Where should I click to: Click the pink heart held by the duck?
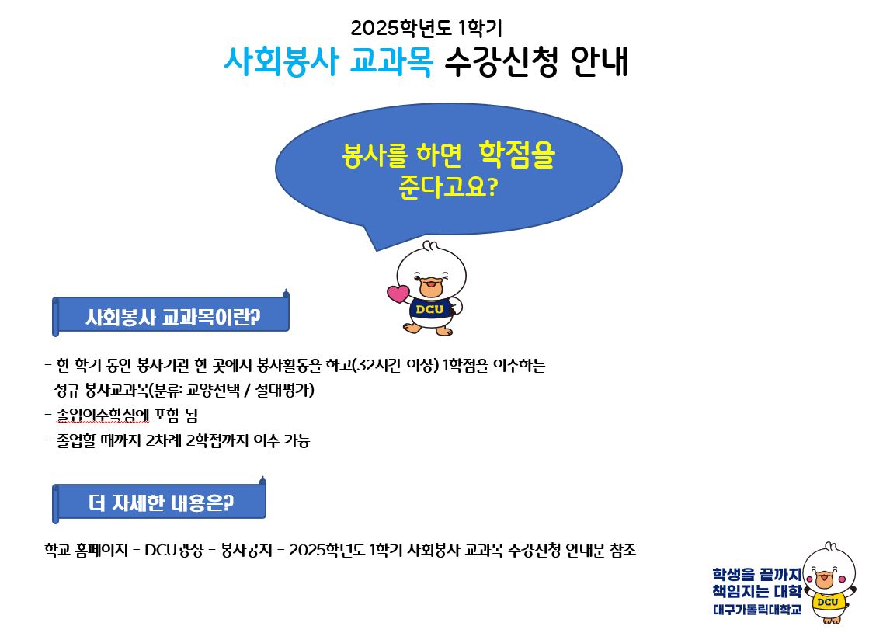(398, 294)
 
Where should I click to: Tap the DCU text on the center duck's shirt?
(429, 309)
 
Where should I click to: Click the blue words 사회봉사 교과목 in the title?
(328, 61)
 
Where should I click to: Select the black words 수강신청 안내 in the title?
(537, 61)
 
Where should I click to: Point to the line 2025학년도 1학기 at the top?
(426, 28)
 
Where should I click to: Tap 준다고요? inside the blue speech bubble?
(448, 187)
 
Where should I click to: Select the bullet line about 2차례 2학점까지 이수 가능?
(177, 440)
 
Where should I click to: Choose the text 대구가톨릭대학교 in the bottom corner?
(757, 610)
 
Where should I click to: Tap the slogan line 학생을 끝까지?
(757, 574)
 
